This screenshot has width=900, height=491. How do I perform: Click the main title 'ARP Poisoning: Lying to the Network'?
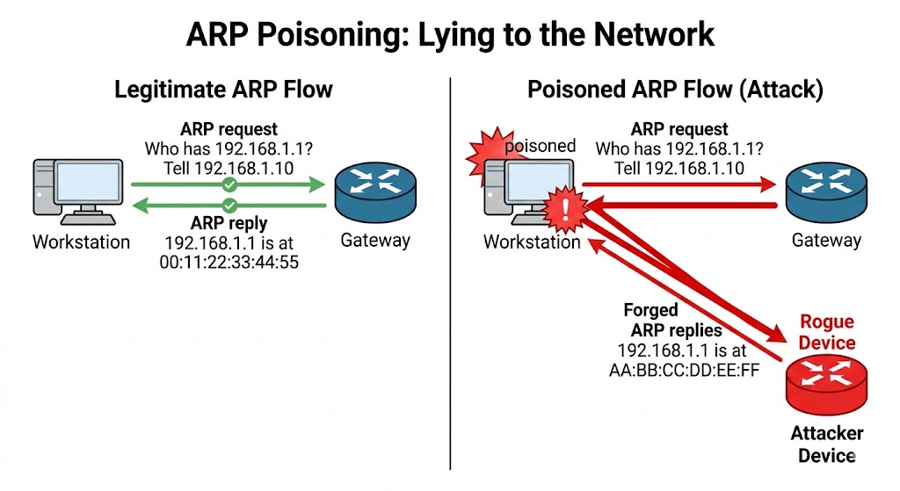coord(450,34)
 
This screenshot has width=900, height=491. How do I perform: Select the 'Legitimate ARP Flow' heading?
coord(224,90)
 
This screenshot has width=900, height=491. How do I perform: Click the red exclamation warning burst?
coord(564,209)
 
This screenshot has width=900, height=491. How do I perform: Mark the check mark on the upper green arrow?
coord(229,184)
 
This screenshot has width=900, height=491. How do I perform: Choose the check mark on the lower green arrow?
coord(229,206)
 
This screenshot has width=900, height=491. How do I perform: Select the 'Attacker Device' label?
coord(826,444)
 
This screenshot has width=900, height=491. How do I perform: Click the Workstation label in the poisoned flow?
coord(532,242)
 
